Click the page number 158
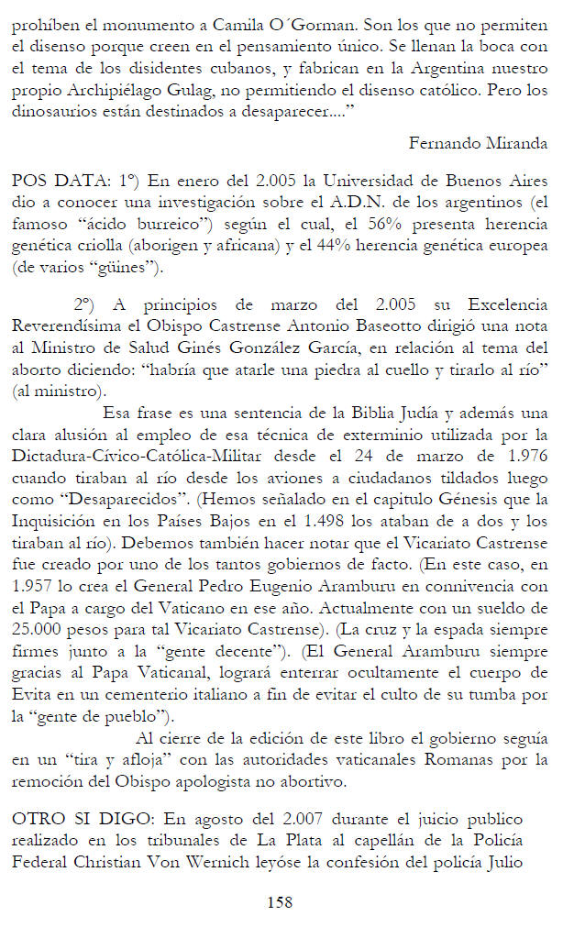click(280, 902)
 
